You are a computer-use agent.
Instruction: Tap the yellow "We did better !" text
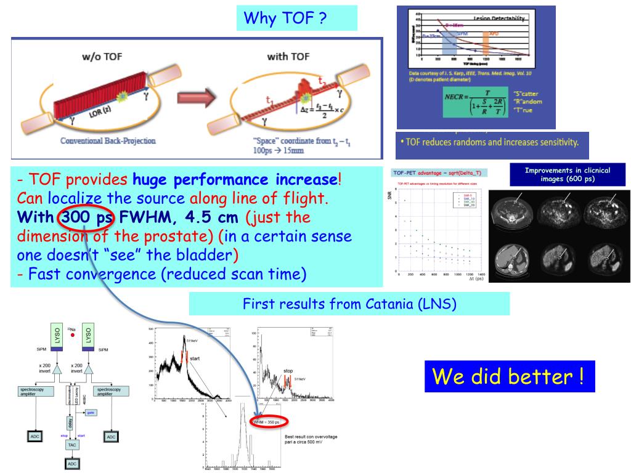click(x=509, y=375)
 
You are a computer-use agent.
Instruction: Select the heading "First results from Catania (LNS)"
click(x=349, y=304)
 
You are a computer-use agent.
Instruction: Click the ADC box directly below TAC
click(x=73, y=463)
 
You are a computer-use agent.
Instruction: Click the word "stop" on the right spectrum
click(x=288, y=371)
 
